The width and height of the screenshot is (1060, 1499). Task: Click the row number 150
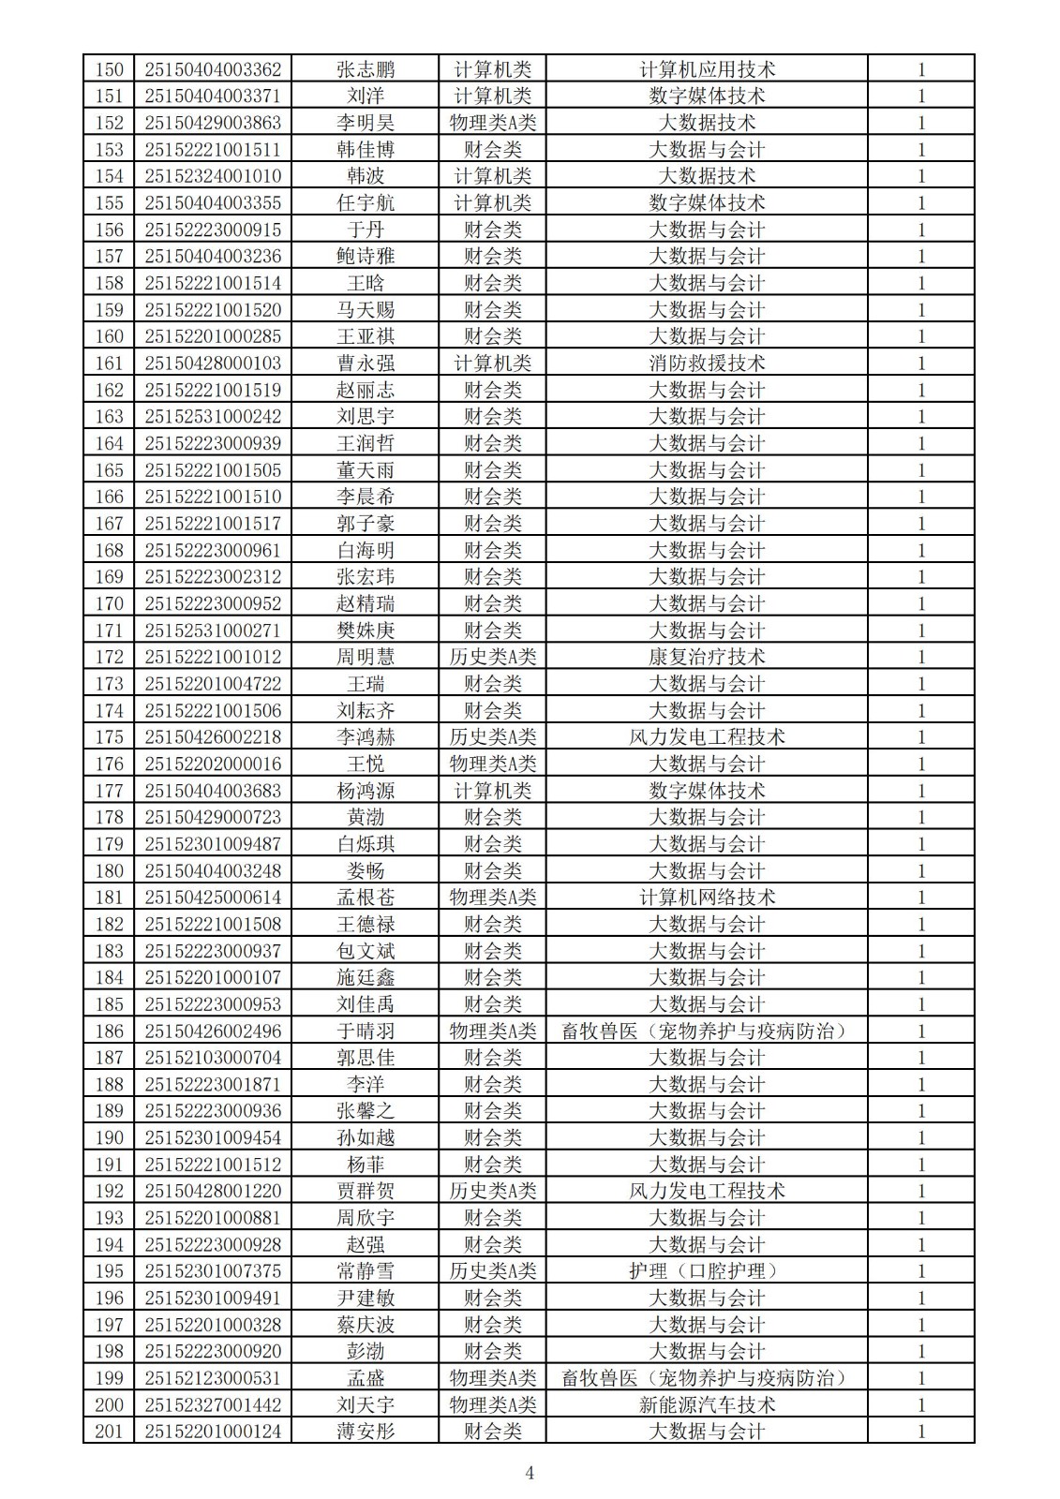pyautogui.click(x=110, y=69)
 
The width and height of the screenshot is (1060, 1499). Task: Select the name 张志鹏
pyautogui.click(x=366, y=69)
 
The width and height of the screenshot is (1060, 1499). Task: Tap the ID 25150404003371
pyautogui.click(x=213, y=96)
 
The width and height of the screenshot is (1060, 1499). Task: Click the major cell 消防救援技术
pyautogui.click(x=707, y=363)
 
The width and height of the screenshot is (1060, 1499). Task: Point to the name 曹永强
pyautogui.click(x=366, y=363)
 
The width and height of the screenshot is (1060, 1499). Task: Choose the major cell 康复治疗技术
pyautogui.click(x=707, y=657)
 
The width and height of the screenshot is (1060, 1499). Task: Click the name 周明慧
pyautogui.click(x=366, y=657)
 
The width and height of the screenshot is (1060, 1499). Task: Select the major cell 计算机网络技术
pyautogui.click(x=707, y=897)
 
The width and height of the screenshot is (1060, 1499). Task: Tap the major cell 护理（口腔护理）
pyautogui.click(x=707, y=1271)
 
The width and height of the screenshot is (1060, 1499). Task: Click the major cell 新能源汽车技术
pyautogui.click(x=707, y=1404)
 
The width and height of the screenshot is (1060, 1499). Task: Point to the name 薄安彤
pyautogui.click(x=366, y=1432)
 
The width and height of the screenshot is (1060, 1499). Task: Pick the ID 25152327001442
pyautogui.click(x=213, y=1404)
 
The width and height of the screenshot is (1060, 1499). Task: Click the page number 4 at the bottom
pyautogui.click(x=530, y=1474)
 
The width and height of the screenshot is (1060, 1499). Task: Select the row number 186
pyautogui.click(x=110, y=1031)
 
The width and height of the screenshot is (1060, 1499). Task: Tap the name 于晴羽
pyautogui.click(x=366, y=1031)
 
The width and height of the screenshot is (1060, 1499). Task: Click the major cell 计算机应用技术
pyautogui.click(x=707, y=69)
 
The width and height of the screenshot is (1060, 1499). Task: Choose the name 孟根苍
pyautogui.click(x=366, y=897)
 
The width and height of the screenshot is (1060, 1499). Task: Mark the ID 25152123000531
pyautogui.click(x=213, y=1378)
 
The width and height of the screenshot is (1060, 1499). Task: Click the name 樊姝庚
pyautogui.click(x=366, y=630)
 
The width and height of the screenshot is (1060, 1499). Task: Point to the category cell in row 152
pyautogui.click(x=493, y=123)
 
